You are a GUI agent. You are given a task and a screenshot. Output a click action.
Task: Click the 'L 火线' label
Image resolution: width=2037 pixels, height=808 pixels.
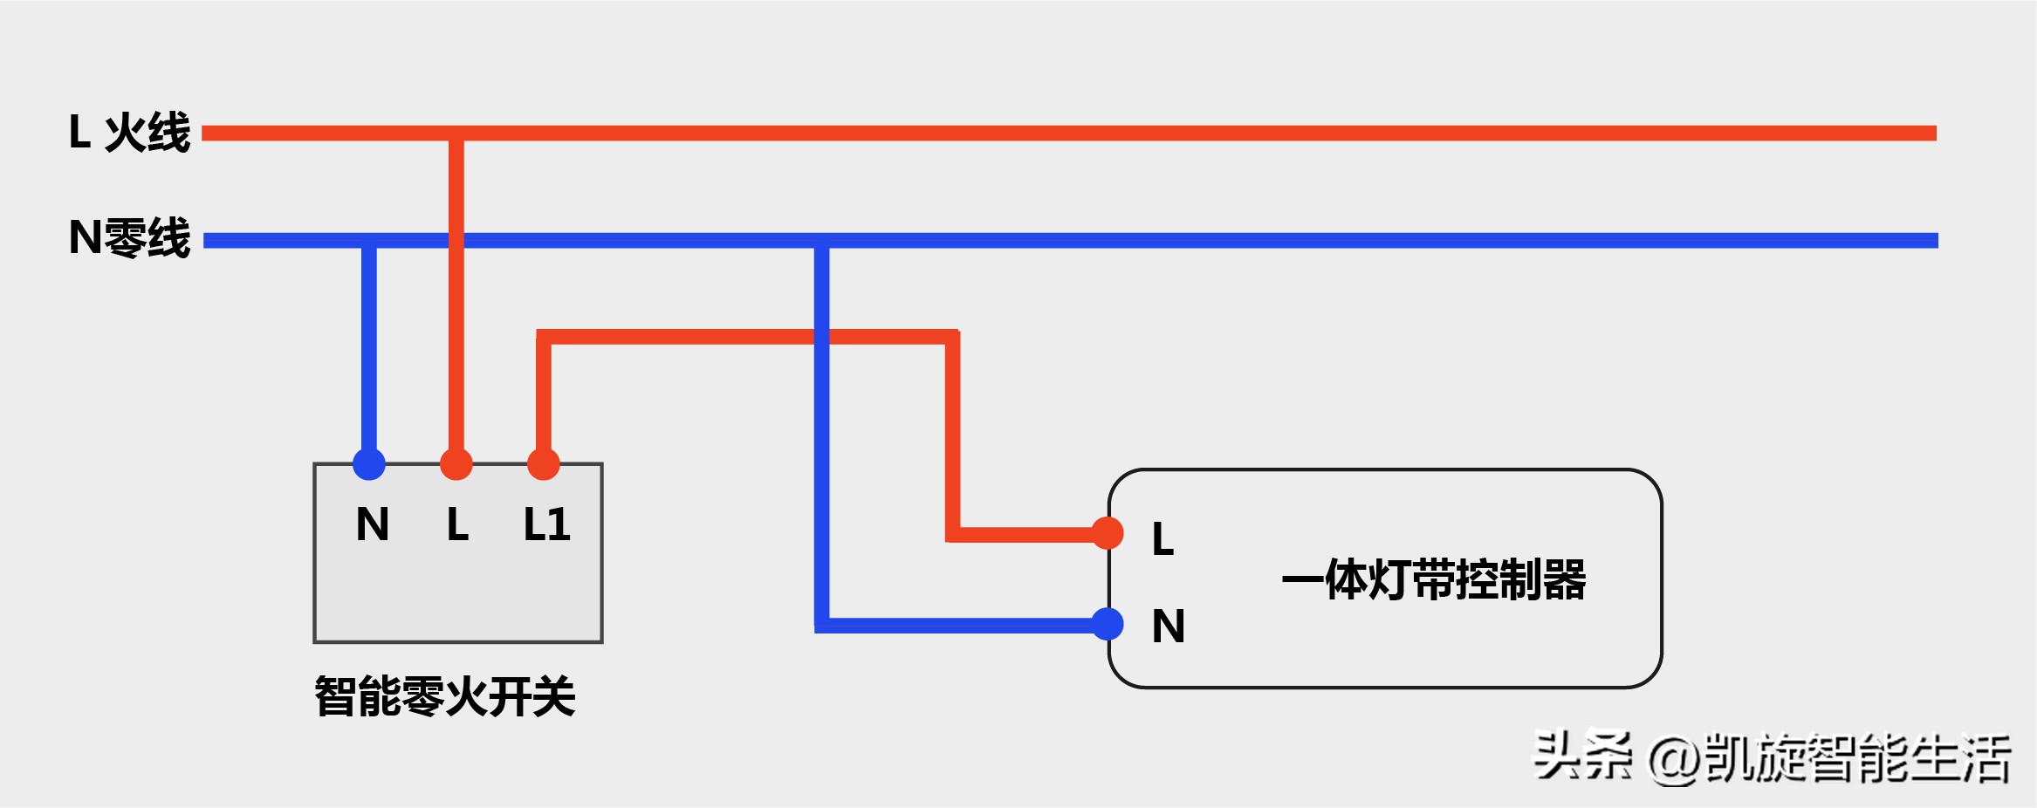(129, 133)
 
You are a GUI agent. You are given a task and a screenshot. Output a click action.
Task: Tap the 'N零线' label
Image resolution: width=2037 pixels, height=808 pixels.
(129, 238)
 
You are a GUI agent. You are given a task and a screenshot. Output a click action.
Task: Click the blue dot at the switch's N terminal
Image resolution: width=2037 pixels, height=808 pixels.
(369, 463)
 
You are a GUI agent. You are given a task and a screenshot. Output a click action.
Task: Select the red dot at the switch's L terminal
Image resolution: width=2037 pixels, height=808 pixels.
(456, 463)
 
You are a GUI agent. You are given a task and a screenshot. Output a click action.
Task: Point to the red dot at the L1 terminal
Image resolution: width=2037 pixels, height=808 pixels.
(543, 463)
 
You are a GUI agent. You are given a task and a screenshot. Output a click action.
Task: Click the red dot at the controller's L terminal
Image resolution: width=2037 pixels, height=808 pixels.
(1107, 533)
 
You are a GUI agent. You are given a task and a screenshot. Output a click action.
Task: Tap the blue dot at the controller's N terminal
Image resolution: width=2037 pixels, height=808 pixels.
(1107, 624)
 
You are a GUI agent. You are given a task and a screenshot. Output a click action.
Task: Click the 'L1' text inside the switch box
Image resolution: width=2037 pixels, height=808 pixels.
(546, 525)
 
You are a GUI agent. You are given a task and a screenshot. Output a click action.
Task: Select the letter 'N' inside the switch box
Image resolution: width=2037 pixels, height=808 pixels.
(373, 525)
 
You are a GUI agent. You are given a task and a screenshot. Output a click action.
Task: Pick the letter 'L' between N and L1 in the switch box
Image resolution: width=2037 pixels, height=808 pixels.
(457, 525)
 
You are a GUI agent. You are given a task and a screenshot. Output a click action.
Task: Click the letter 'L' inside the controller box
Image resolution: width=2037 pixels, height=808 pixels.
(1163, 539)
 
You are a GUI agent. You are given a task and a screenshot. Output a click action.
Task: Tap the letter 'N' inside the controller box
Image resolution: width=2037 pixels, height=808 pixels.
(1168, 627)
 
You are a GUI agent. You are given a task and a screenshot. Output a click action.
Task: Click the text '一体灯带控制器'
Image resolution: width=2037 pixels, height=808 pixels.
(1433, 579)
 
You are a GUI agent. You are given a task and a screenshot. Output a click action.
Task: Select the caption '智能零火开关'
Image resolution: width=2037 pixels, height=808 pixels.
(444, 696)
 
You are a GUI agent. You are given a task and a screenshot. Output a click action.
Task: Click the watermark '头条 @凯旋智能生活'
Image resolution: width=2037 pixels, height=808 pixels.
(1772, 757)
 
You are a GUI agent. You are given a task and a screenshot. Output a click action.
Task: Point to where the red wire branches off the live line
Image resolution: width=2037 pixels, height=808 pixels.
(456, 134)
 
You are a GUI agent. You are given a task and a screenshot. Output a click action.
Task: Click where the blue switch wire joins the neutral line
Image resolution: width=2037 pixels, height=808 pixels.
(369, 241)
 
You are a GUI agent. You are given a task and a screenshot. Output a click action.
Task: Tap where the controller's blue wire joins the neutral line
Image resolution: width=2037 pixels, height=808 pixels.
(821, 241)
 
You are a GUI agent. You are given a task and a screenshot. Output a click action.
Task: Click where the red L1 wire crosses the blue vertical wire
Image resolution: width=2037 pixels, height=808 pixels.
(821, 337)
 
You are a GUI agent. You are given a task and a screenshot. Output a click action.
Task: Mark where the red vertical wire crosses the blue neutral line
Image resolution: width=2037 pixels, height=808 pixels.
(456, 241)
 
